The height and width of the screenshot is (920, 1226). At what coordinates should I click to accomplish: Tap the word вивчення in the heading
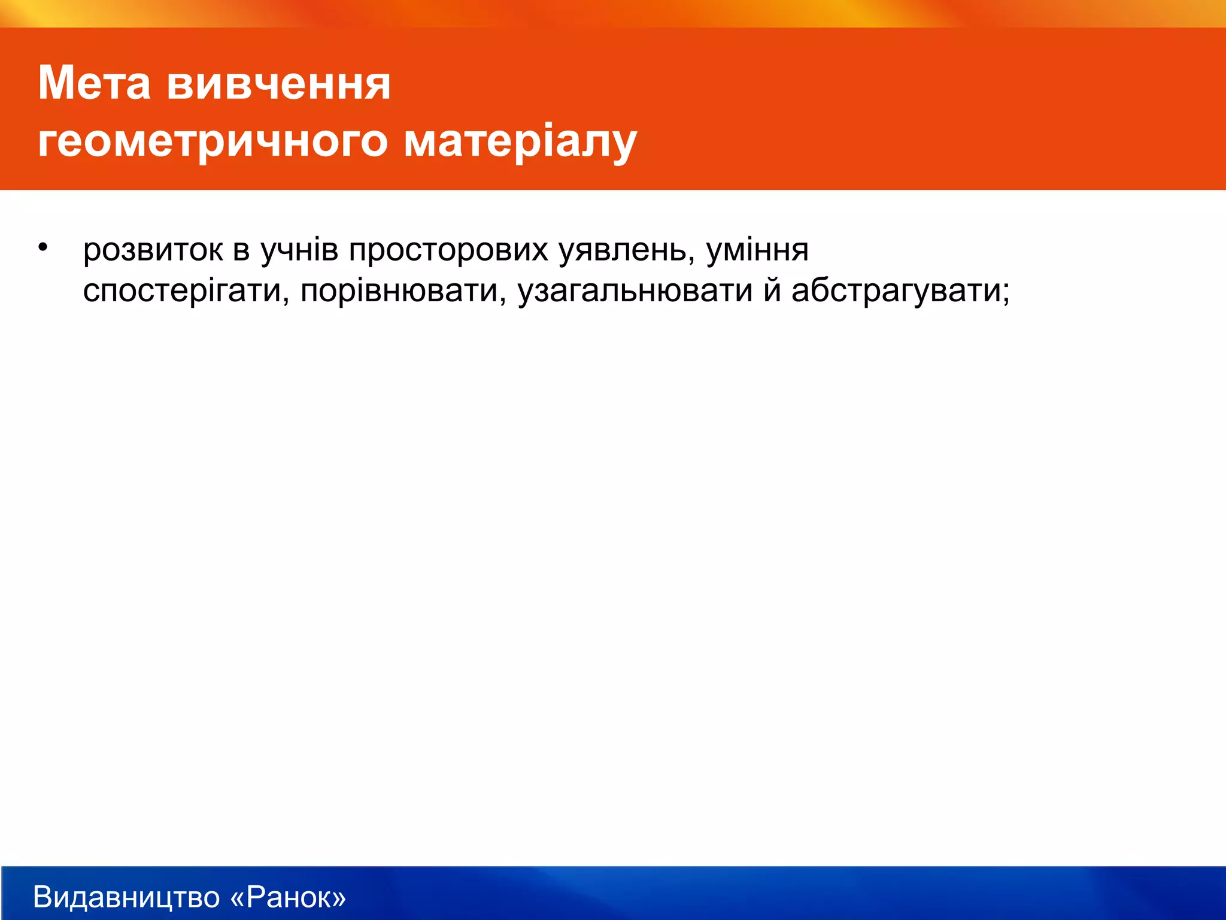coord(278,84)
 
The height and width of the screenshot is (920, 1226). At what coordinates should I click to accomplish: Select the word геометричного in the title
coord(213,143)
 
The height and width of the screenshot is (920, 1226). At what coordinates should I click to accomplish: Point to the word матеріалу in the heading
coord(520,143)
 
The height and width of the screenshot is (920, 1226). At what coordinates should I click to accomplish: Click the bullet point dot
coord(42,247)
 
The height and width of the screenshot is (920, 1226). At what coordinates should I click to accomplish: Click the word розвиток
coord(153,250)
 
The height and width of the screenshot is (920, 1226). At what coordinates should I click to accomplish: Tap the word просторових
coord(448,250)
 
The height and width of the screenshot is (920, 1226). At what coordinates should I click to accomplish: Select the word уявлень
coord(622,250)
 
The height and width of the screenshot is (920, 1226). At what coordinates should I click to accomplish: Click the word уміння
coord(757,250)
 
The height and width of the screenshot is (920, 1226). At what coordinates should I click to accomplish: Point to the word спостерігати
coord(181,292)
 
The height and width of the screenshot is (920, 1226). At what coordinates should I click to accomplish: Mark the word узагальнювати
coord(635,292)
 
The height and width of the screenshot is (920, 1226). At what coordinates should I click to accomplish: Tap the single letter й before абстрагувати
coord(772,290)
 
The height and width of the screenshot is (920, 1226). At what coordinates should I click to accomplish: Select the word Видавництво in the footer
coord(126,897)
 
